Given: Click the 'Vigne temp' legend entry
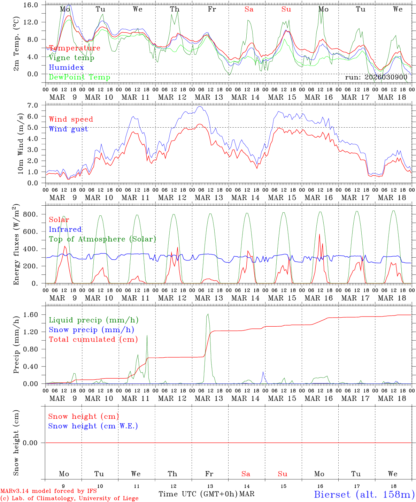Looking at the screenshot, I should tap(71, 58).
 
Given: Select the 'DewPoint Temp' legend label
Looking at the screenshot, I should tap(79, 77).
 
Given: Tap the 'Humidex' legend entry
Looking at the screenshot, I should tap(67, 68).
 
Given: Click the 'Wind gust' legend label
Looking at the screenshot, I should tap(68, 129).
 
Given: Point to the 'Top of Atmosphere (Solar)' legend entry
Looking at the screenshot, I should tap(102, 239).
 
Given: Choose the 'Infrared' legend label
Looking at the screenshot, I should tap(65, 229).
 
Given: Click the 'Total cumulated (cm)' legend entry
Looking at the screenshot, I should tap(93, 340).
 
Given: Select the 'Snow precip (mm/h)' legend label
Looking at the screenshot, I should tap(91, 330).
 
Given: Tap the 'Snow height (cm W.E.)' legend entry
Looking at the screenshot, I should tap(93, 426).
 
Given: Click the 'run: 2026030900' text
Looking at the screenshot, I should tap(376, 77).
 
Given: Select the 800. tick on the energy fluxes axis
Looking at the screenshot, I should tap(31, 214).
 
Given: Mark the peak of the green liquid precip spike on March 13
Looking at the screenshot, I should tap(208, 314).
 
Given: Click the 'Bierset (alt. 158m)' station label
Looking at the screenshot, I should tap(364, 494).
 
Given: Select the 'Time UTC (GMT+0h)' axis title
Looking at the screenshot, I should tap(198, 494).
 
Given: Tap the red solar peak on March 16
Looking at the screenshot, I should tap(319, 234).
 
